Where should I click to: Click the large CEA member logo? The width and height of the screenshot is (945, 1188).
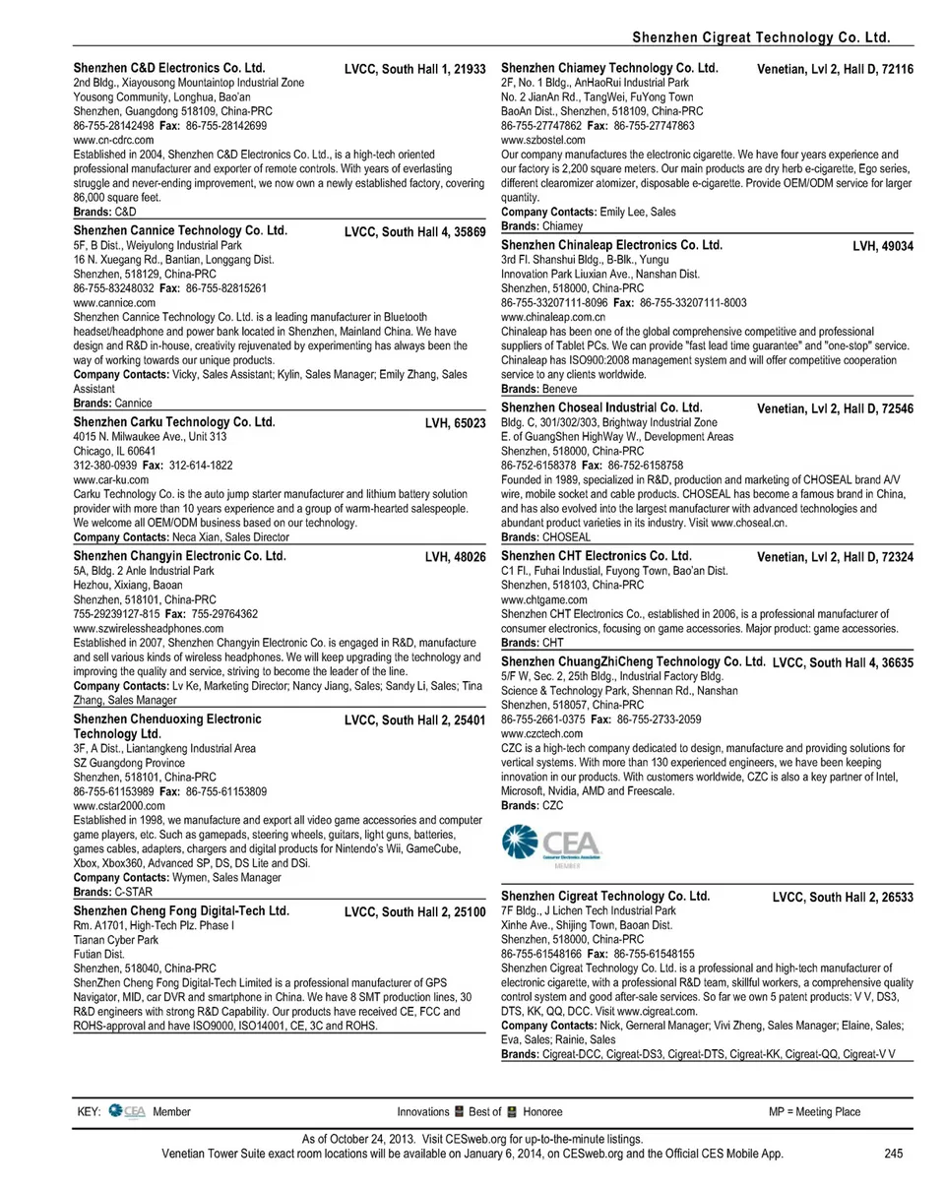point(552,847)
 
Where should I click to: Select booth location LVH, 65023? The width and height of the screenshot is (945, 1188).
point(455,423)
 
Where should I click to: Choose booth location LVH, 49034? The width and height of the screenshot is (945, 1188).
point(882,246)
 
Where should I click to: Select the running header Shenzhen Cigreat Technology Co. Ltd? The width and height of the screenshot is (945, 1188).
point(761,37)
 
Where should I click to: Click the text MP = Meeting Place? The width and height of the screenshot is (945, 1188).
point(814,1112)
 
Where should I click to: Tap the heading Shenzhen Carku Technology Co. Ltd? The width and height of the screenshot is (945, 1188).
point(174,422)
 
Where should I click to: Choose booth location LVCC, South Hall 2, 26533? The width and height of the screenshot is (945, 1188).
point(843,898)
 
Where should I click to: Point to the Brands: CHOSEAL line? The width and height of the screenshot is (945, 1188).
point(545,538)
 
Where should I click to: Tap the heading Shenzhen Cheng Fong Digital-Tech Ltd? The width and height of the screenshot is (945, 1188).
point(182,911)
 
